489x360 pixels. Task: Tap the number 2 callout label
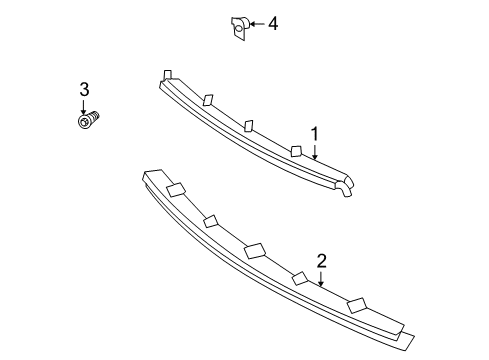[x=322, y=262]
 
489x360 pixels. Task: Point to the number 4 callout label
[x=272, y=23]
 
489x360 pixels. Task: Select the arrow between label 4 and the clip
[x=255, y=23]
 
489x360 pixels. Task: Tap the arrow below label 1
[x=315, y=151]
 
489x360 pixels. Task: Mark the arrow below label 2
[x=322, y=279]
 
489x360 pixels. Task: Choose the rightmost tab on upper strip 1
[x=296, y=150]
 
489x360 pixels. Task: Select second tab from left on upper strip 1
[x=207, y=99]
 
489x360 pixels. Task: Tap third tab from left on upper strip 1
[x=250, y=125]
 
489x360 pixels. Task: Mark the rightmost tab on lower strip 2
[x=356, y=304]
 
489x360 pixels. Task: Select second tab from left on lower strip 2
[x=211, y=222]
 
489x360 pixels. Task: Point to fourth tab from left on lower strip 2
[x=300, y=278]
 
